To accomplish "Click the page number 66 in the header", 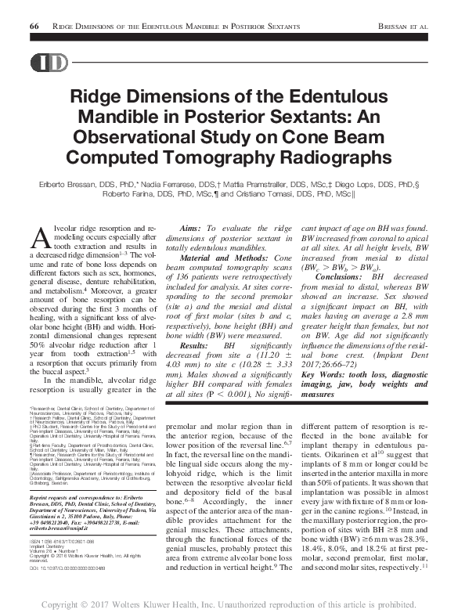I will tap(34, 26).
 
